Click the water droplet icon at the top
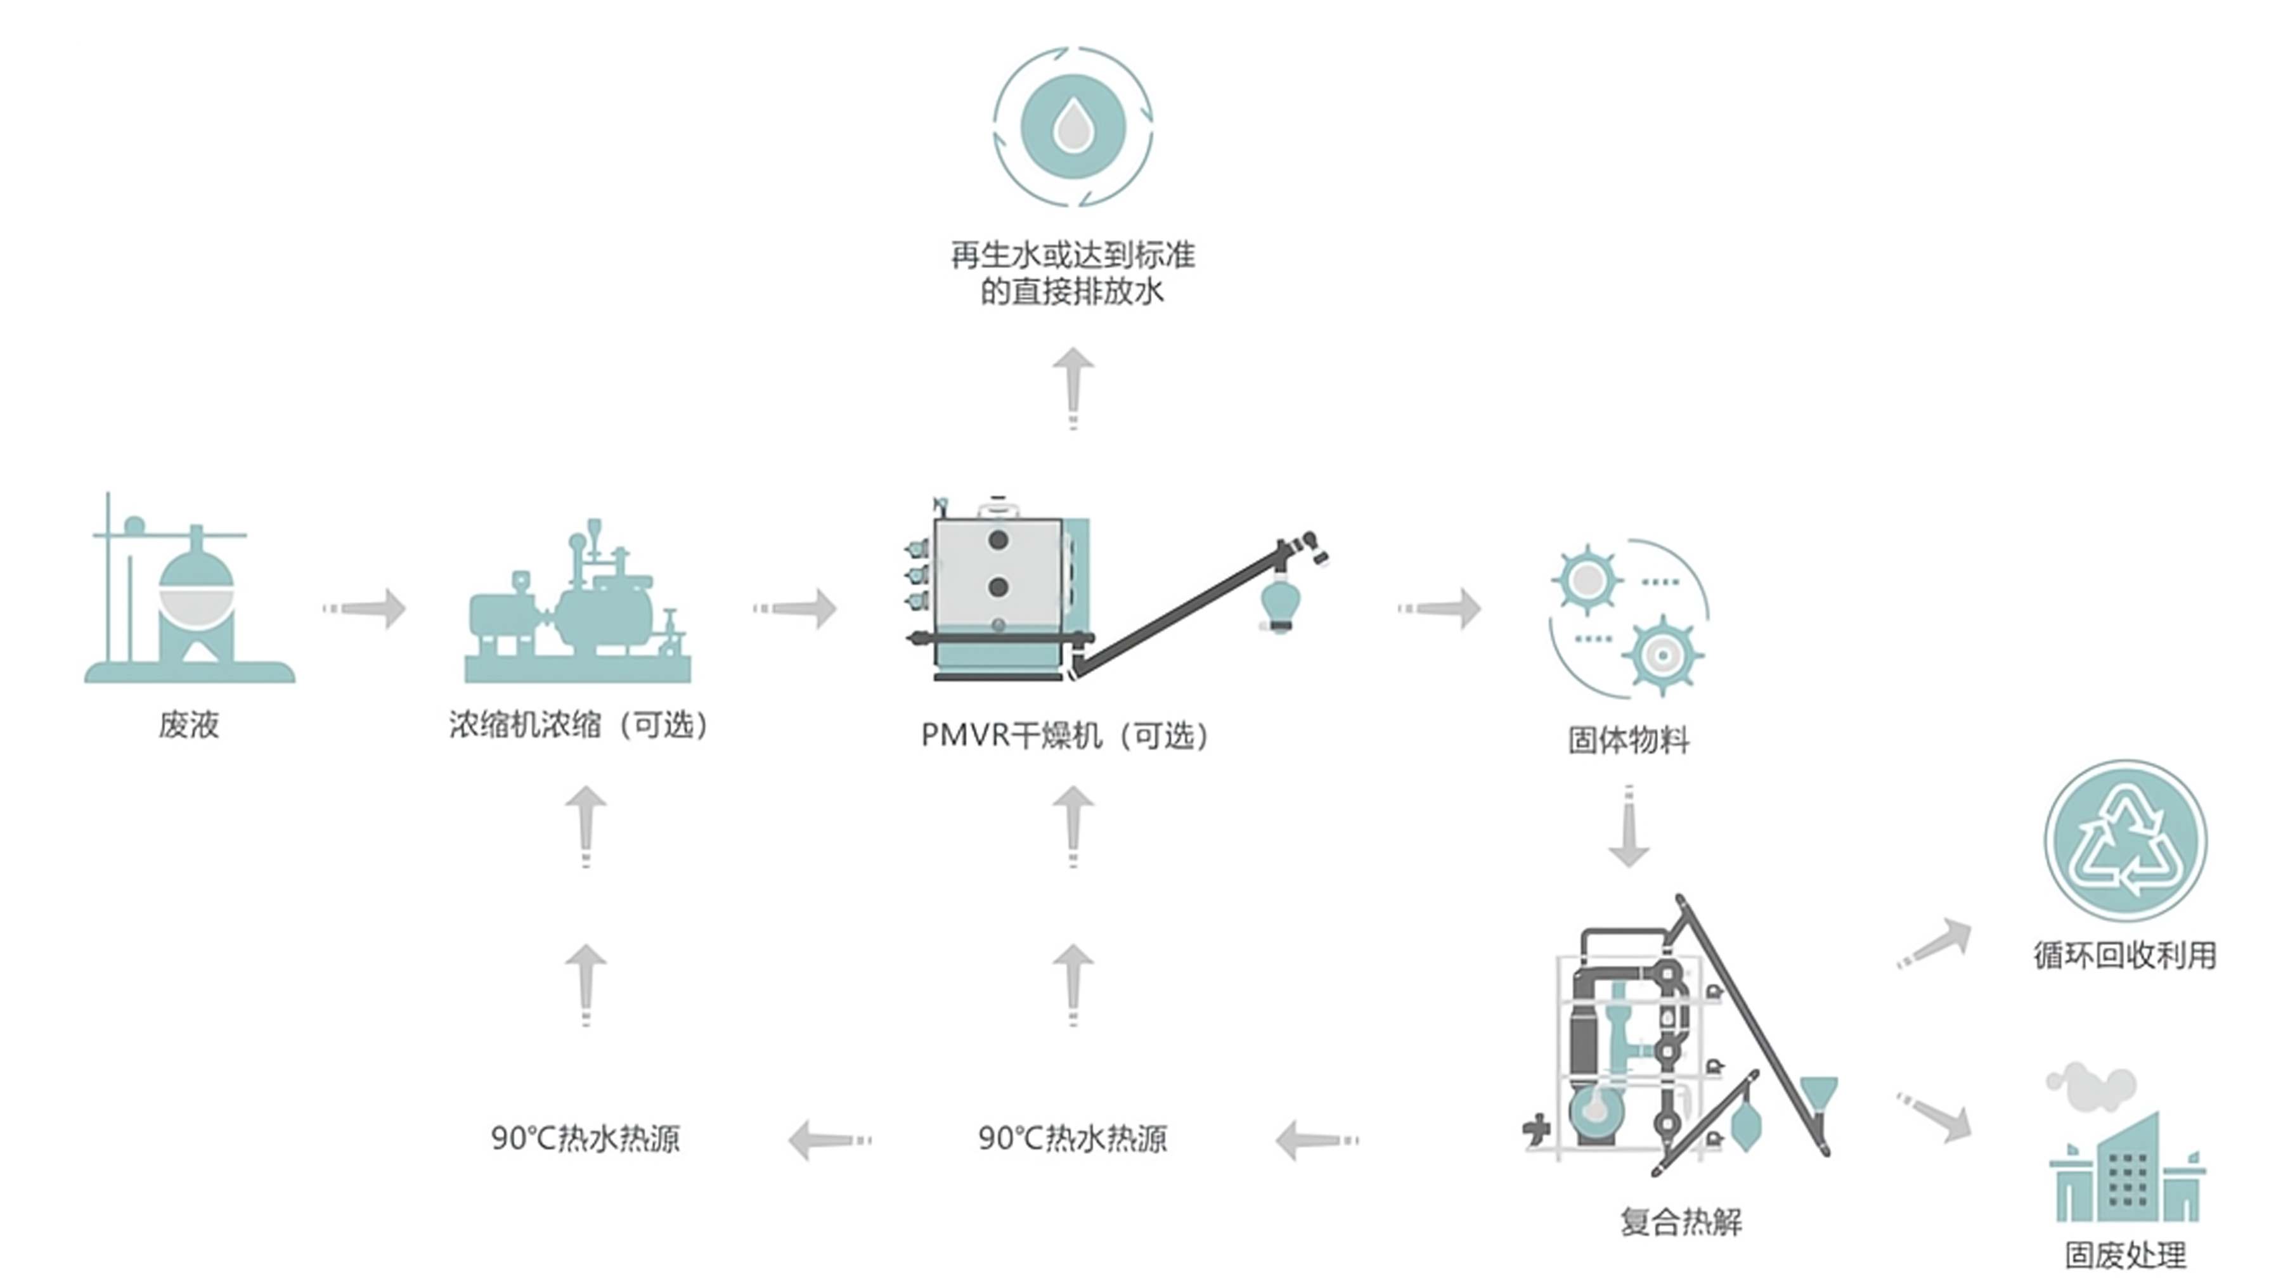pyautogui.click(x=1073, y=127)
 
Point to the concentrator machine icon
pyautogui.click(x=578, y=605)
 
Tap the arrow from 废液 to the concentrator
pyautogui.click(x=365, y=608)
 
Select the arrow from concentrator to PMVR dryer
pyautogui.click(x=796, y=608)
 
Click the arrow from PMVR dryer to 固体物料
pyautogui.click(x=1440, y=608)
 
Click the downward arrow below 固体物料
pyautogui.click(x=1629, y=828)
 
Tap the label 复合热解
pyautogui.click(x=1680, y=1221)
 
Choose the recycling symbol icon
pyautogui.click(x=2125, y=840)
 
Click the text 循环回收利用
pyautogui.click(x=2125, y=955)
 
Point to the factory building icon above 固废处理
pyautogui.click(x=2125, y=1158)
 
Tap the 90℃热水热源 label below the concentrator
pyautogui.click(x=585, y=1138)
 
